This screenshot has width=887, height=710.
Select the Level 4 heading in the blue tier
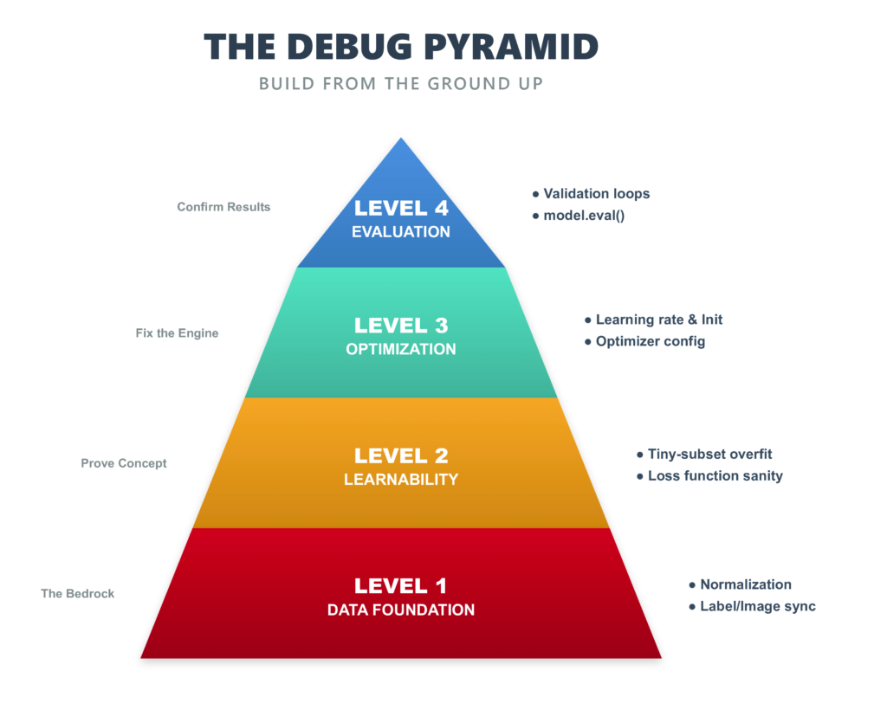click(401, 208)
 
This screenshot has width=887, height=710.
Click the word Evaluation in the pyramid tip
click(401, 232)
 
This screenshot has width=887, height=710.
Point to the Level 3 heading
click(401, 326)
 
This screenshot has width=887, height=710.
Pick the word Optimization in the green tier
click(401, 350)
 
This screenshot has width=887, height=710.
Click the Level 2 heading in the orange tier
click(401, 455)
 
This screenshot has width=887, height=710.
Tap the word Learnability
click(401, 480)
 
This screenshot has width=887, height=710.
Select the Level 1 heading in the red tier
click(401, 586)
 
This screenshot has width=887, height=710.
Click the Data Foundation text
click(401, 610)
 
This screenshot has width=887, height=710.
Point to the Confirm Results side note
click(223, 207)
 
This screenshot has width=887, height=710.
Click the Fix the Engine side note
click(177, 332)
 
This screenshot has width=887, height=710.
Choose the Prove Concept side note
click(124, 463)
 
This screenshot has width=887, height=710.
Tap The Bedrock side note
click(78, 594)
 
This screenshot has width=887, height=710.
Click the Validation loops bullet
click(597, 194)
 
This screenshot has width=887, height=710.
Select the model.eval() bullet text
click(584, 216)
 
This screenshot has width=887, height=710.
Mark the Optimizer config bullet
click(651, 341)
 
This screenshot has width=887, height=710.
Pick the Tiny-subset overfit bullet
click(709, 454)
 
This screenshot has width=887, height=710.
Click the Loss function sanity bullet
click(715, 475)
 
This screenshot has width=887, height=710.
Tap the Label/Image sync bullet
click(758, 606)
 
